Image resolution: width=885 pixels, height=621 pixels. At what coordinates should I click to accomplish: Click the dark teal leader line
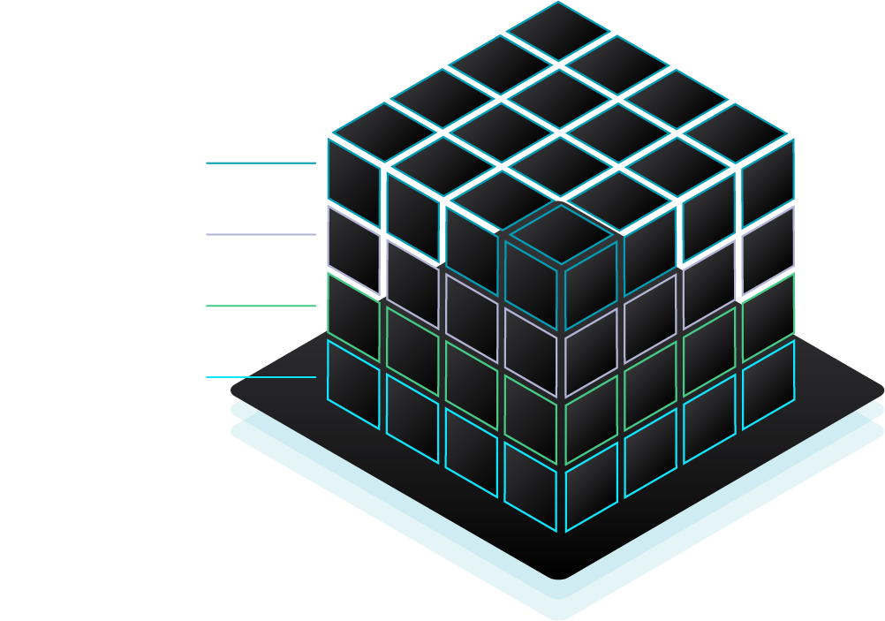coord(261,163)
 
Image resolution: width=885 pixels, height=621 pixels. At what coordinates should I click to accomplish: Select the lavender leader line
coord(261,234)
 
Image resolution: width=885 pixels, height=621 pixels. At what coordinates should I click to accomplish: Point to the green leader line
coord(261,306)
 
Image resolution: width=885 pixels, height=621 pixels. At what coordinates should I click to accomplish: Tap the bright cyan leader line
coord(261,377)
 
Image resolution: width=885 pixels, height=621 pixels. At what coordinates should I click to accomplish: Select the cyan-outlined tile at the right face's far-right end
coord(768,372)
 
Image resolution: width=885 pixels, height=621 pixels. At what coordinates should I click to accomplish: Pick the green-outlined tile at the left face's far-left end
coord(353,305)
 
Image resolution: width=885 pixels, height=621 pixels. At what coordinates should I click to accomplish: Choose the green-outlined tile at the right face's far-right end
coord(768,305)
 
